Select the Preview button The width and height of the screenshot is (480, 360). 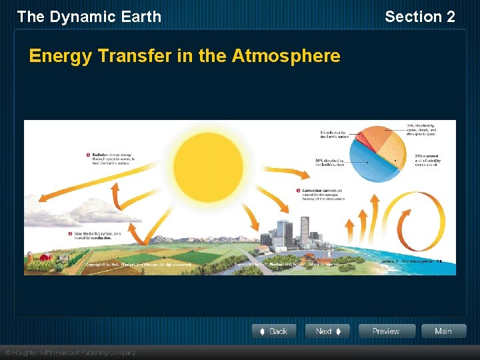point(386,331)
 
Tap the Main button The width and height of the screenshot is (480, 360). point(443,331)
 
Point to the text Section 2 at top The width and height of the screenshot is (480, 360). point(420,17)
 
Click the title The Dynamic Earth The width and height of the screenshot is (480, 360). point(89,17)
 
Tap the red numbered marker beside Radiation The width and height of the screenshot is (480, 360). point(88,155)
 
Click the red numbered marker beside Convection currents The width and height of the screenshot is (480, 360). point(297,191)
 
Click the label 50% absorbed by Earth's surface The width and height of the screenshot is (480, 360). point(329,162)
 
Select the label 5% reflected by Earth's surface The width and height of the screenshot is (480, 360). point(334,134)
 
